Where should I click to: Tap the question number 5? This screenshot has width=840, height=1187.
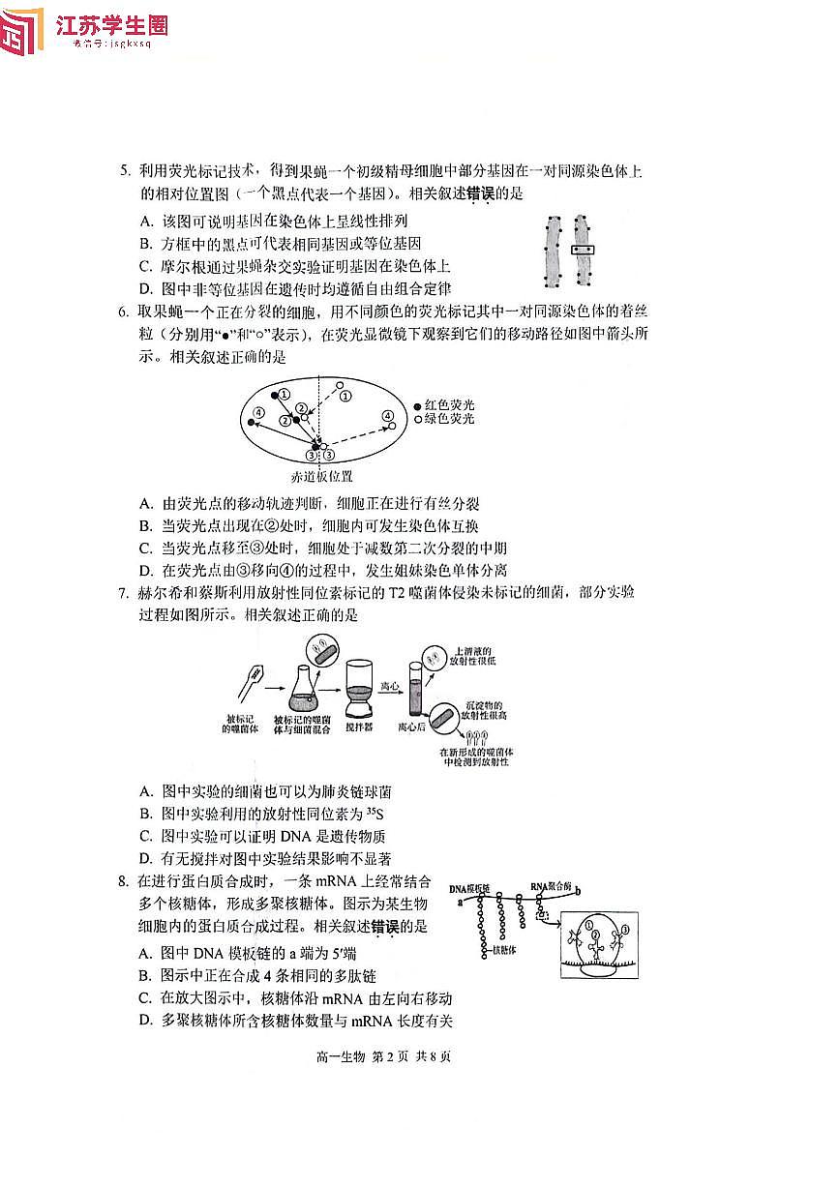pos(124,172)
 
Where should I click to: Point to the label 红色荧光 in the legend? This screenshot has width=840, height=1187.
pos(449,404)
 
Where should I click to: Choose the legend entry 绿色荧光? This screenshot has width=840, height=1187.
pos(449,419)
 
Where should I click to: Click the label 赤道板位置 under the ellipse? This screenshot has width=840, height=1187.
pos(321,477)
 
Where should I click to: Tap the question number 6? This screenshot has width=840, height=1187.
pos(124,312)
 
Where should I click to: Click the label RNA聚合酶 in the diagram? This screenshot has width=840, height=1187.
pos(553,887)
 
